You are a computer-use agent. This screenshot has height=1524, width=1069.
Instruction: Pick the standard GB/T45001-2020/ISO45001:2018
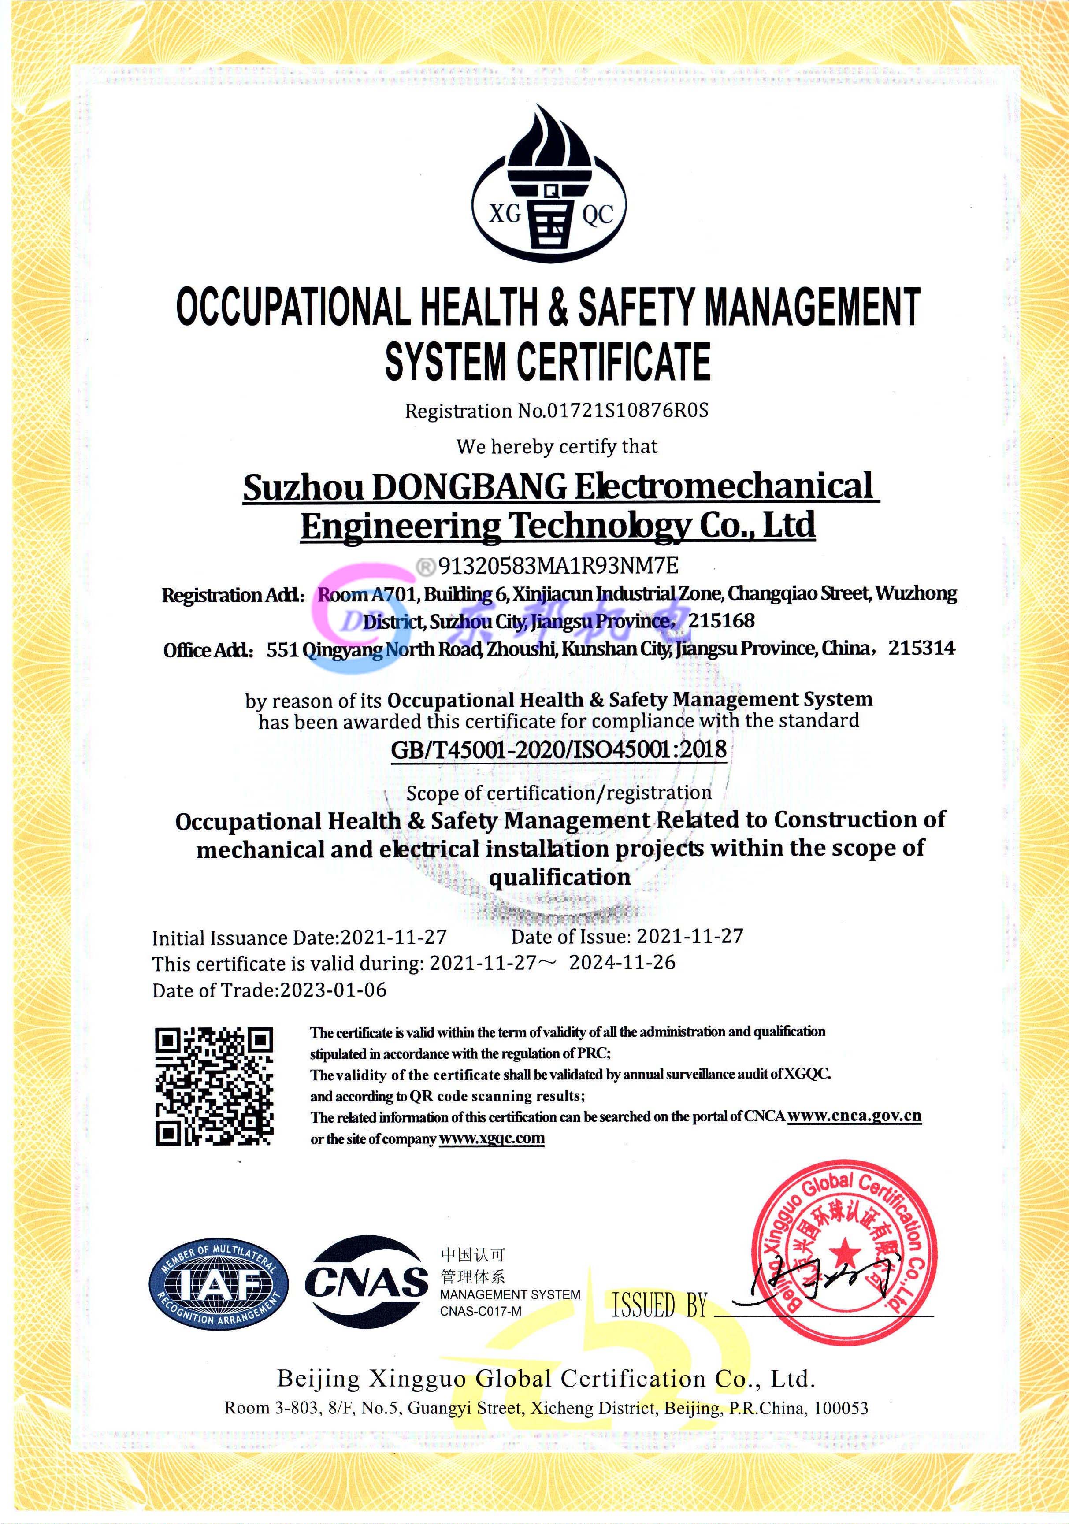(x=558, y=750)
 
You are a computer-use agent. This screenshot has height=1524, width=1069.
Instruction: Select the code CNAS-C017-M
(x=480, y=1311)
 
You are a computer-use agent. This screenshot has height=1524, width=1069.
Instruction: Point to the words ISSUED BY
(x=659, y=1305)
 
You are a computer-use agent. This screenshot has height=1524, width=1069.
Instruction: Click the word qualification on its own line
(x=559, y=878)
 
